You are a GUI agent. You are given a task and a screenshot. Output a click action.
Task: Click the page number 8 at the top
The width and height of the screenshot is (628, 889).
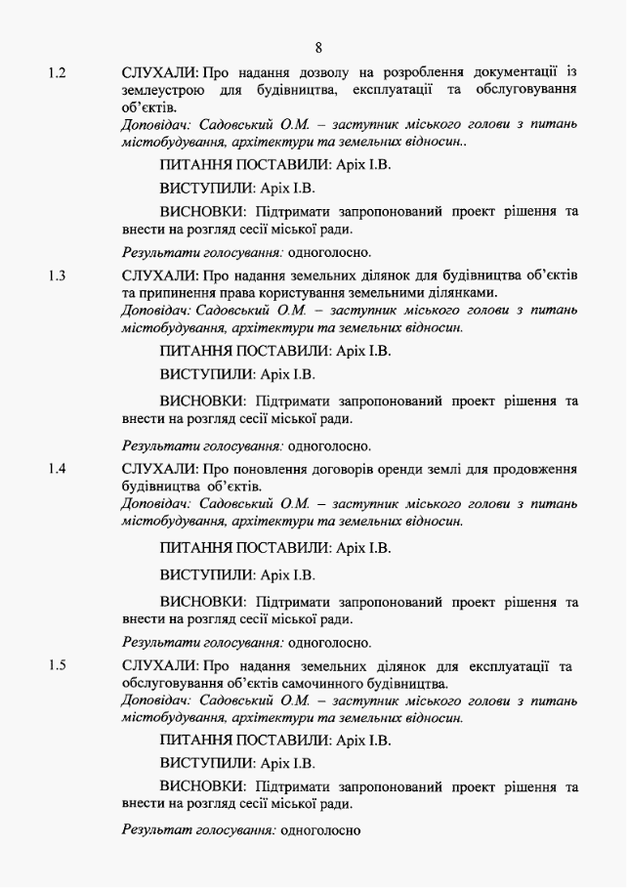point(318,47)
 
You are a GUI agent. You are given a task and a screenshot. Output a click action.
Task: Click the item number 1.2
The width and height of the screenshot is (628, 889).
point(58,73)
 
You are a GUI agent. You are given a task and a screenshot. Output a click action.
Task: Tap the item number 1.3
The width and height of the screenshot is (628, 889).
point(58,275)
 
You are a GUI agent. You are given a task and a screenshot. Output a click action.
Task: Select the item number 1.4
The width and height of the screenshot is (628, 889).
point(58,469)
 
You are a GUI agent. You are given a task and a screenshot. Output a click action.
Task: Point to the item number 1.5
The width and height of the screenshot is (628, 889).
point(58,665)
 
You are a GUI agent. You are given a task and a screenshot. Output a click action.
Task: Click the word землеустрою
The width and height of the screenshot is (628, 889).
point(163,90)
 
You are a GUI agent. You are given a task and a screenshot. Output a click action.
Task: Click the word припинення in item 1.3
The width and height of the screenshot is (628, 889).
point(178,292)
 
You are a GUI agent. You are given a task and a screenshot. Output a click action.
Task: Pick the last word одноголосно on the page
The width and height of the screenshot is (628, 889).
point(320,830)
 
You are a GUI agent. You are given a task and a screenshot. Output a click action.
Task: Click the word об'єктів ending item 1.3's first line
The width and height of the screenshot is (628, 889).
point(553,275)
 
